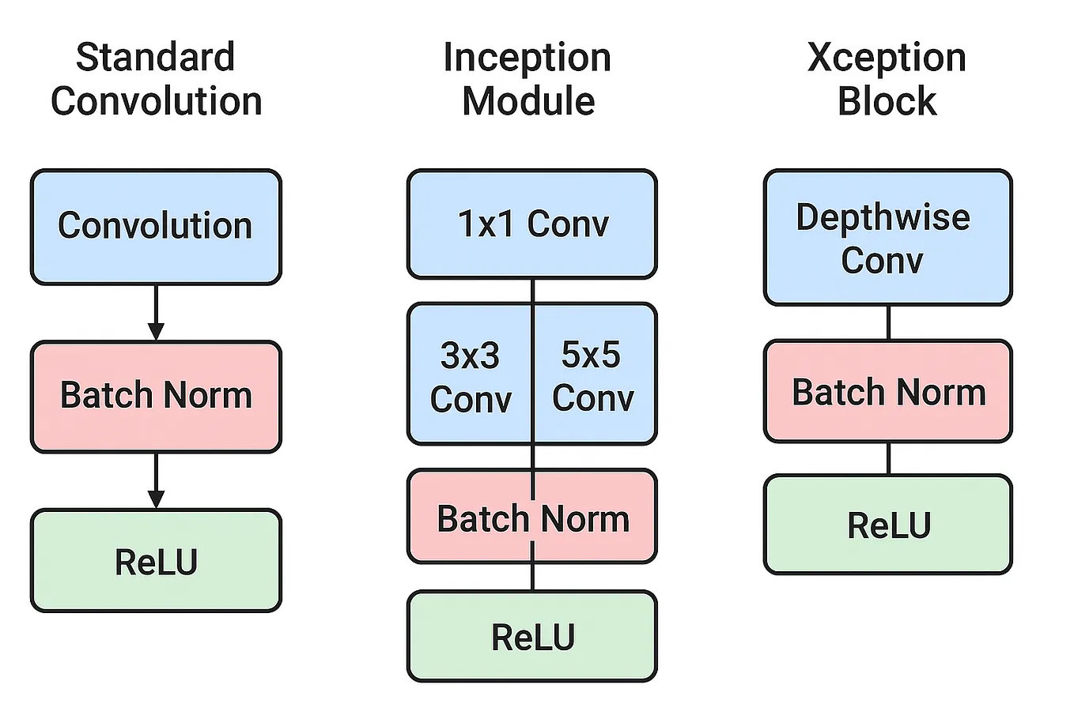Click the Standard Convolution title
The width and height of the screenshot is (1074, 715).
156,79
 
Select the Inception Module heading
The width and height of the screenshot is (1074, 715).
528,79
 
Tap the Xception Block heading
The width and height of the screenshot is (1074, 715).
887,79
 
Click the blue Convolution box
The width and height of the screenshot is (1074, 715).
156,227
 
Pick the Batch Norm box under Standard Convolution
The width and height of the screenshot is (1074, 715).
156,396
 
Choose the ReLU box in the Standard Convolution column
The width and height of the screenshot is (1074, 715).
156,561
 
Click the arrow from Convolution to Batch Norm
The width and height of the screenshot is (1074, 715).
156,312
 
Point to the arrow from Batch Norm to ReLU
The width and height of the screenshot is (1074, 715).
156,480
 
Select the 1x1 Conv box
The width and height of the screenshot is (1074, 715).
532,224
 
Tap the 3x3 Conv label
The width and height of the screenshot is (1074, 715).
471,377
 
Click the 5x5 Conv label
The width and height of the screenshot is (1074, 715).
592,377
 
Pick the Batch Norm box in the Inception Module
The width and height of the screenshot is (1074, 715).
532,517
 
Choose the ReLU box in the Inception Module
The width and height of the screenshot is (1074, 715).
532,637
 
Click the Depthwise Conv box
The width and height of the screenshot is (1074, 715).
887,238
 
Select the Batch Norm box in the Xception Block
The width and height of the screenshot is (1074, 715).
887,392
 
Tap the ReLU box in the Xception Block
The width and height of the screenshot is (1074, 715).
887,525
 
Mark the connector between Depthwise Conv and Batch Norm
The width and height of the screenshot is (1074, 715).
888,322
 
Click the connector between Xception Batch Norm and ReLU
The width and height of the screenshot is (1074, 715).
888,458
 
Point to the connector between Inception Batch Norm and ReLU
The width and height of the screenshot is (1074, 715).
532,577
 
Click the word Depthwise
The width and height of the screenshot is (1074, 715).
883,217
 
